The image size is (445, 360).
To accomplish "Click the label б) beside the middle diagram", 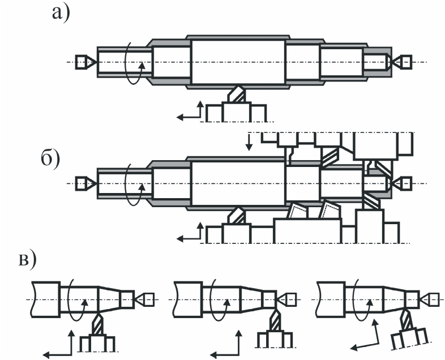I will (x=50, y=158).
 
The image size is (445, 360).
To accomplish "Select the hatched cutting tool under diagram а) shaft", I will (x=237, y=94).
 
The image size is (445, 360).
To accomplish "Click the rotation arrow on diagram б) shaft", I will (x=134, y=184).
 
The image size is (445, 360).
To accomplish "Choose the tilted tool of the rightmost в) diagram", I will (x=407, y=320).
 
